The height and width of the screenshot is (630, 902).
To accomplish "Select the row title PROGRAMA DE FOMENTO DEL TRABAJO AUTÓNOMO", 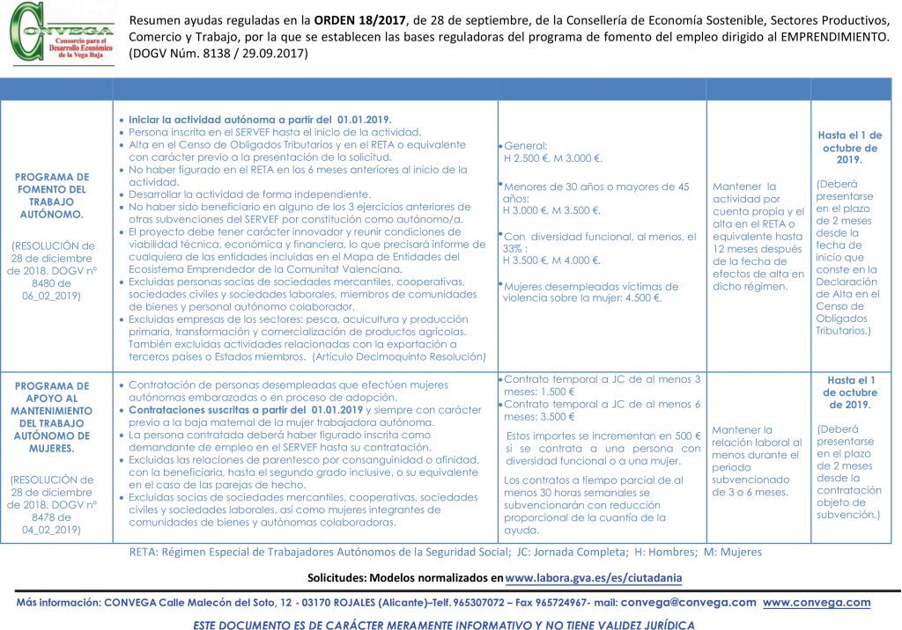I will click(53, 195).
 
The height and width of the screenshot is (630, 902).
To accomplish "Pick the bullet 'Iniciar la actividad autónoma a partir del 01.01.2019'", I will click(260, 120).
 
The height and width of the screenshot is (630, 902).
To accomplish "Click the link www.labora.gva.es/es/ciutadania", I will click(594, 578).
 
